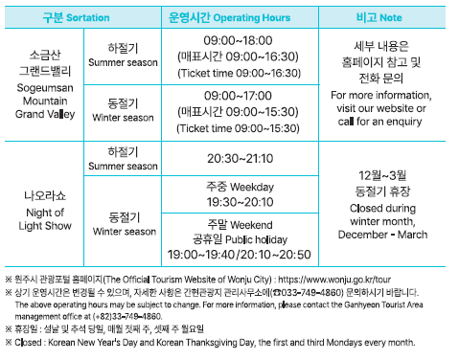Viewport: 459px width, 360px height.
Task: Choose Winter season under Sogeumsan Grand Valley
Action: (122, 111)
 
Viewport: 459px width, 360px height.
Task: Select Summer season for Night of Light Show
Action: (122, 158)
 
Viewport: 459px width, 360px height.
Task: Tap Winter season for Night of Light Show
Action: (122, 224)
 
